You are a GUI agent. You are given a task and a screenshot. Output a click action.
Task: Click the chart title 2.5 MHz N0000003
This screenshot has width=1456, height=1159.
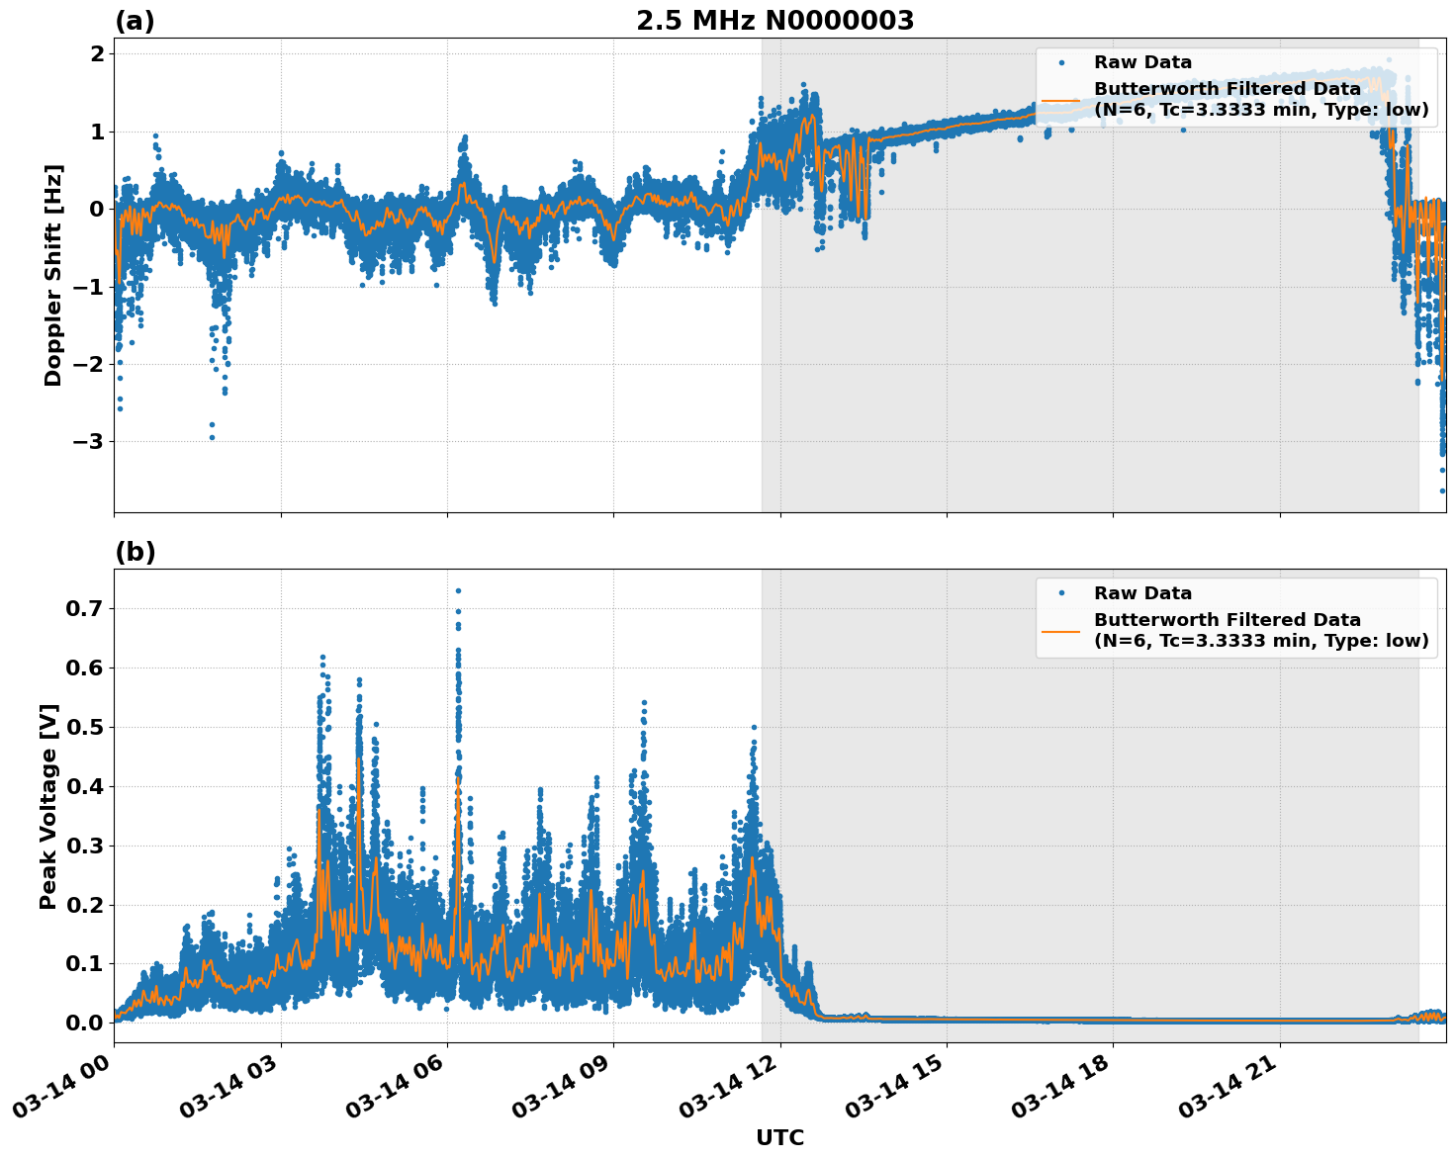(774, 21)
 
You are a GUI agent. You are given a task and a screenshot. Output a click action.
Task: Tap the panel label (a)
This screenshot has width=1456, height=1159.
(135, 21)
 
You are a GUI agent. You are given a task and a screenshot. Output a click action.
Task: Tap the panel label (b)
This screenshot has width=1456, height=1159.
(135, 552)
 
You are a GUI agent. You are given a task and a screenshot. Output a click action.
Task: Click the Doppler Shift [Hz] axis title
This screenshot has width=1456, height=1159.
(53, 275)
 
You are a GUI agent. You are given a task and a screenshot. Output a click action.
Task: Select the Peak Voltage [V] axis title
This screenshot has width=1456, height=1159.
(48, 806)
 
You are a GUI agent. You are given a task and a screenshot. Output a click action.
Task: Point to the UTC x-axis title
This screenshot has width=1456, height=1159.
(779, 1137)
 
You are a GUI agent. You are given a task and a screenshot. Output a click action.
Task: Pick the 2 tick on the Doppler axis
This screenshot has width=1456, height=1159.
(97, 53)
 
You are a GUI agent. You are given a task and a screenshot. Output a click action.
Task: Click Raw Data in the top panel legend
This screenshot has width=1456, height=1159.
(1142, 62)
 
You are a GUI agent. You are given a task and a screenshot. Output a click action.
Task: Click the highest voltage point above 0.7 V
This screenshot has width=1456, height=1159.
(458, 590)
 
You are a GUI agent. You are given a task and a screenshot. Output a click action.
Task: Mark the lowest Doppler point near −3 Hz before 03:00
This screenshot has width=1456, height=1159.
(212, 436)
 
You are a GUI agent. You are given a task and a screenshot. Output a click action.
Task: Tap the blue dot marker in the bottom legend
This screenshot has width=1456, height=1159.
(1061, 593)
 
